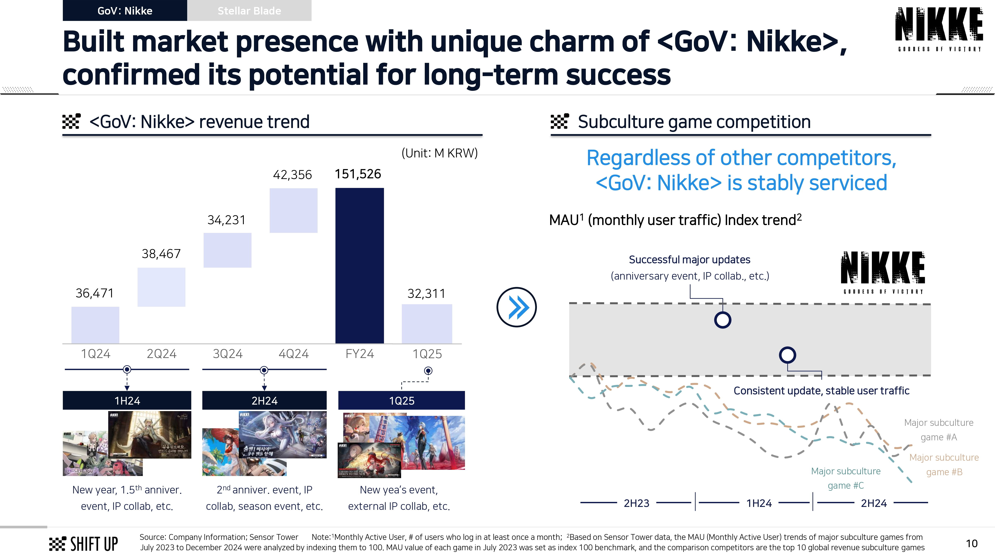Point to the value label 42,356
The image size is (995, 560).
click(x=292, y=175)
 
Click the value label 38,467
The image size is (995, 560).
click(x=161, y=254)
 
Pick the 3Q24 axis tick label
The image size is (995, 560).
click(x=228, y=354)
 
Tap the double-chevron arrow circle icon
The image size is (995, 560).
click(x=516, y=307)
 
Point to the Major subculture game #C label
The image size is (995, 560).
click(x=846, y=478)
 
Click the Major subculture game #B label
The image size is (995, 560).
click(x=944, y=465)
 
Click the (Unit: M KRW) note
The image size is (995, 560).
click(x=439, y=153)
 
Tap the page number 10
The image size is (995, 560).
click(x=971, y=543)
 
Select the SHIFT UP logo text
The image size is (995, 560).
click(x=94, y=544)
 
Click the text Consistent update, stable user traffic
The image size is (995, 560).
click(x=821, y=391)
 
